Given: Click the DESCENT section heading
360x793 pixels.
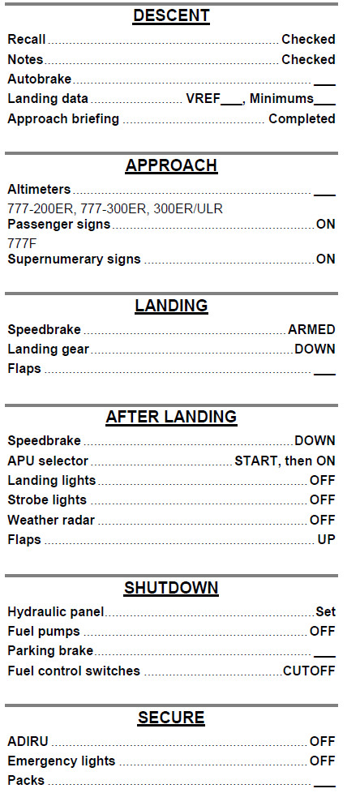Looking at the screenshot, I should point(171,16).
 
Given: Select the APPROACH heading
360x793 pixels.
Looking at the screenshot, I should point(171,166).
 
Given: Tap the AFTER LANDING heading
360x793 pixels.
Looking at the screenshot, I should point(171,418).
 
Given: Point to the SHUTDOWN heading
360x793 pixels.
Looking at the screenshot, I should point(171,588).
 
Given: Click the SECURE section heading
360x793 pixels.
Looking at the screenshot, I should point(171,718).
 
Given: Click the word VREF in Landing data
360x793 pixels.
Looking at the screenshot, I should point(203,99).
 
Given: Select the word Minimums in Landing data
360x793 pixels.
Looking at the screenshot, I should point(281,99).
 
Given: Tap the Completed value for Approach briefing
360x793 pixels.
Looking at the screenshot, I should point(302,119).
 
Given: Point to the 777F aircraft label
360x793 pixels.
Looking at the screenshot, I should point(22,243).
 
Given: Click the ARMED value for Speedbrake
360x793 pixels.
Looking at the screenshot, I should point(311,330).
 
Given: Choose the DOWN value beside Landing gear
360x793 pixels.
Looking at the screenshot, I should point(315,349).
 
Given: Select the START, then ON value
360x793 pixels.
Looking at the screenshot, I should point(285,461).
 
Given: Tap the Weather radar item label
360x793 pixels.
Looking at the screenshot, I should point(51,520).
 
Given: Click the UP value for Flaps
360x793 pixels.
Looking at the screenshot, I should point(326,540).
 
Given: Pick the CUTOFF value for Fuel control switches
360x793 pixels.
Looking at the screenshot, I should point(309,671).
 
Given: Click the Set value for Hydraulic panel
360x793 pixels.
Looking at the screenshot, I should point(325,612).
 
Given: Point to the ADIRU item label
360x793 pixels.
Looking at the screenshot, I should point(28,742).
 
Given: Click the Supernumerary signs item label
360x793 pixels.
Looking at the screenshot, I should point(74,259).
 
